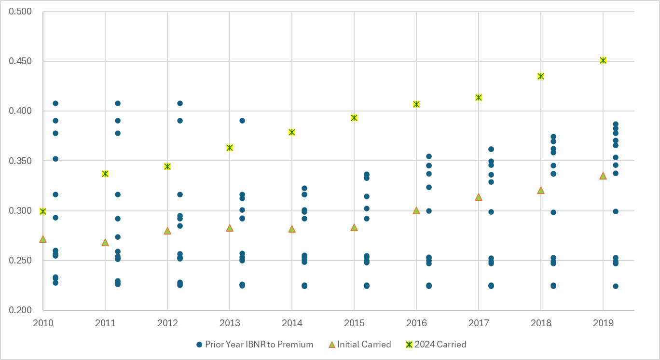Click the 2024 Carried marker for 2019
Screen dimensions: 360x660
[x=603, y=60]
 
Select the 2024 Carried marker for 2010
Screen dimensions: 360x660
[x=43, y=211]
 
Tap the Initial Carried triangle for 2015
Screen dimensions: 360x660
[x=354, y=227]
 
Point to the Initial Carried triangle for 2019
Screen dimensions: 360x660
[x=603, y=176]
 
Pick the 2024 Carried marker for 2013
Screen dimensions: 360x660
[x=230, y=148]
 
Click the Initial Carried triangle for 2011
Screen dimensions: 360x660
[x=105, y=242]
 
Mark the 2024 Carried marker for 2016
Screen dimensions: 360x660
[x=416, y=104]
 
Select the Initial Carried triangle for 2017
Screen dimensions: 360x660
[x=478, y=197]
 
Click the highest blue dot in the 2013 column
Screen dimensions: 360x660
[x=242, y=121]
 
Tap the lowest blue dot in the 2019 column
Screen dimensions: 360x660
[x=615, y=286]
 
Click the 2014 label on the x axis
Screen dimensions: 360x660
[x=291, y=322]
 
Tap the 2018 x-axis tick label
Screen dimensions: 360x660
[x=540, y=322]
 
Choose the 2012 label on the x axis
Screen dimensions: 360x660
[x=167, y=322]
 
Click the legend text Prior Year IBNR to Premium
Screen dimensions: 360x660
[x=259, y=345]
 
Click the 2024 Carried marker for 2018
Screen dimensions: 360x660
[x=540, y=76]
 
